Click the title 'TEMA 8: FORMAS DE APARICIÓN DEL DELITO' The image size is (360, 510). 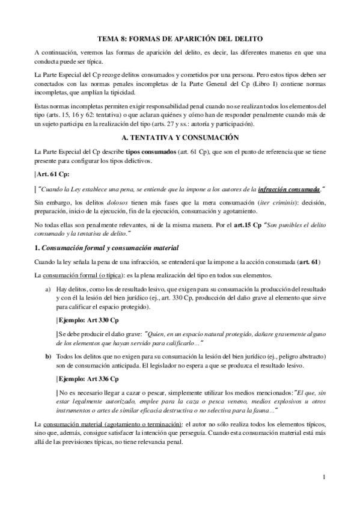[x=180, y=38]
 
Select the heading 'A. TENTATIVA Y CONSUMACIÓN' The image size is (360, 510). [x=180, y=138]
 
